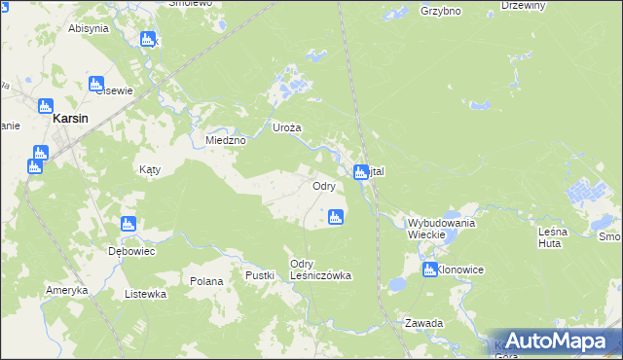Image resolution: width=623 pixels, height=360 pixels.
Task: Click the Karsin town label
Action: pyautogui.click(x=71, y=117)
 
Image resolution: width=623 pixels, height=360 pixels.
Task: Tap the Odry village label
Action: pyautogui.click(x=324, y=185)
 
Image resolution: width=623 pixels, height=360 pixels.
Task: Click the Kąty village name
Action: pyautogui.click(x=149, y=168)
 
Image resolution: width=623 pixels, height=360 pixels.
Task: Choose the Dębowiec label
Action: pyautogui.click(x=131, y=250)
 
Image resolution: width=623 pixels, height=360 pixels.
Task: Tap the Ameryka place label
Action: pyautogui.click(x=67, y=290)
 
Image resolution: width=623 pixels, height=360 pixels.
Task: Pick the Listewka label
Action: pyautogui.click(x=145, y=293)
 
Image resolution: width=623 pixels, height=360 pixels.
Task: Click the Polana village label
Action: pyautogui.click(x=207, y=280)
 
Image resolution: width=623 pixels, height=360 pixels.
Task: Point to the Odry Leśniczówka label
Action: pyautogui.click(x=320, y=270)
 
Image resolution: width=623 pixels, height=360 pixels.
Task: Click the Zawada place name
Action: pyautogui.click(x=425, y=322)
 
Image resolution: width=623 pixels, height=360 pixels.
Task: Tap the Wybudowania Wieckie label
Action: pyautogui.click(x=441, y=229)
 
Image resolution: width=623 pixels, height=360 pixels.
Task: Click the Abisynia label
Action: pyautogui.click(x=88, y=28)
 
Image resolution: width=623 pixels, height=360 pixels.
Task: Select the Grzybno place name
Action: pyautogui.click(x=440, y=12)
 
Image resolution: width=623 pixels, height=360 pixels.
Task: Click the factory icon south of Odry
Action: pyautogui.click(x=335, y=218)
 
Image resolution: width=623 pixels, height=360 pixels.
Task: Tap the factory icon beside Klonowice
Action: pyautogui.click(x=429, y=270)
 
